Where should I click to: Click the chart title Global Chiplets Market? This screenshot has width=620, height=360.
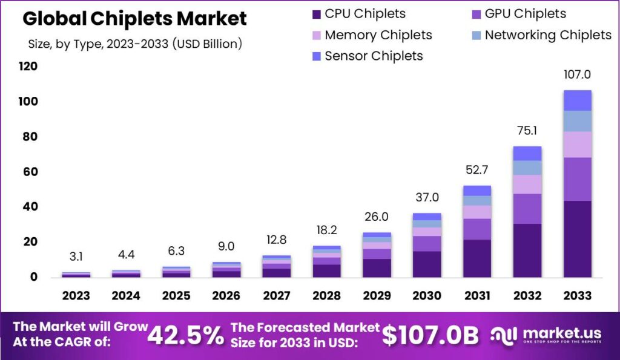134,19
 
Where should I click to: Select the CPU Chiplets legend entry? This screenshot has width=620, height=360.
365,13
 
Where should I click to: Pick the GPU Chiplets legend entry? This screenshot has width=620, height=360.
525,13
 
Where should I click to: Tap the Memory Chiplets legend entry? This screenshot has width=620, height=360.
378,35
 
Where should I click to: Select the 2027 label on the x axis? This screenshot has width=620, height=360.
276,296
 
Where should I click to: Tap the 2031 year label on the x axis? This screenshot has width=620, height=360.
477,296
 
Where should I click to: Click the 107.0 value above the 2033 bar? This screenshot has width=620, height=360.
577,76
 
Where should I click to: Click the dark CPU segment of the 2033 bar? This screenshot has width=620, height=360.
577,239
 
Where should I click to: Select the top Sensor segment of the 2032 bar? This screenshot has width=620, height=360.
527,153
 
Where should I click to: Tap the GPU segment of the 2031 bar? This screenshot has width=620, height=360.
477,229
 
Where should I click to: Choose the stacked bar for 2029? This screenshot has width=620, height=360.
377,255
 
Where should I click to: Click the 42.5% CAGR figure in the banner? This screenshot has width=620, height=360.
185,335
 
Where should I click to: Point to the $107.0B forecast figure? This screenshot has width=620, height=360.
430,335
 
